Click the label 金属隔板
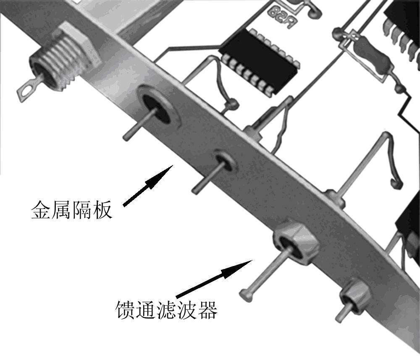(71, 210)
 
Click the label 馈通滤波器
(166, 310)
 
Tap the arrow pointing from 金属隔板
(147, 185)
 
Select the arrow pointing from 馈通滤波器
(214, 279)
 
